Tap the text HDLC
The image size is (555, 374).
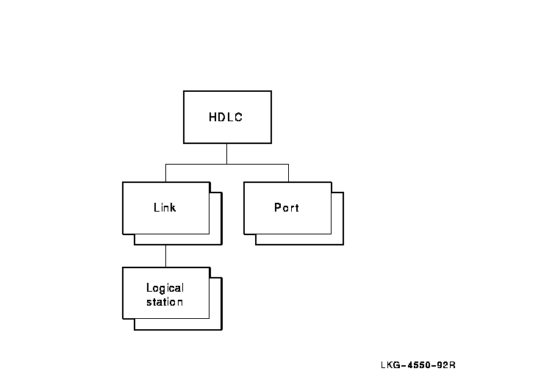(226, 117)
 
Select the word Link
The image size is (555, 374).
(165, 207)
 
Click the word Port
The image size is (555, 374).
(287, 207)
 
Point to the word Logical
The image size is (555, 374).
(165, 288)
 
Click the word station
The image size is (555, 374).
(165, 301)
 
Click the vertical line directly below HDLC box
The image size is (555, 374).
(226, 154)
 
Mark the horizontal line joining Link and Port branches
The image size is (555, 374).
(226, 163)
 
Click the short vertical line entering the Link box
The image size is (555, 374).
(165, 173)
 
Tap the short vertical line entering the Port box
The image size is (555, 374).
(288, 173)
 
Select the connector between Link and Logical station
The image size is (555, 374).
(165, 255)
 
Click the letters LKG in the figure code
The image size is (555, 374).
(390, 364)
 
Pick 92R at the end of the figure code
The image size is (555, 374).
(447, 364)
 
